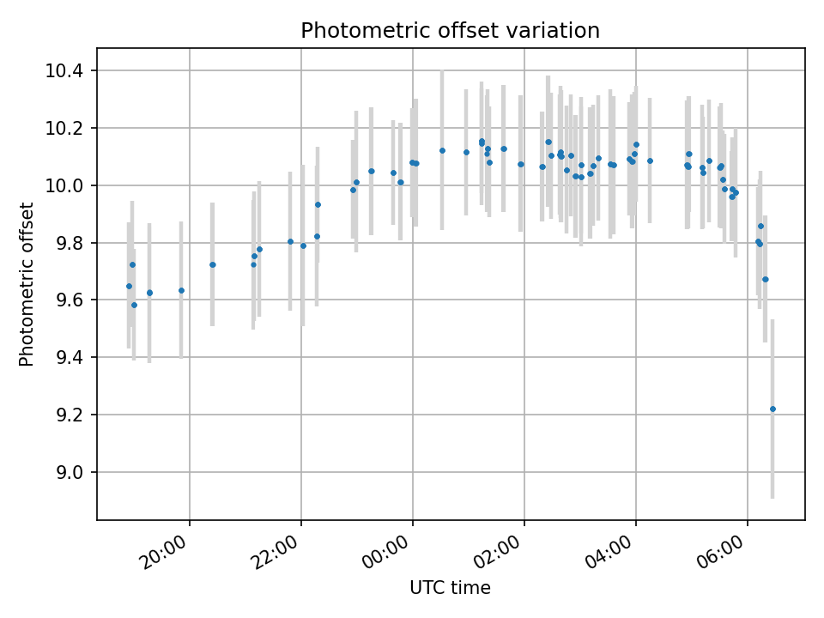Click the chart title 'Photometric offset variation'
[450, 31]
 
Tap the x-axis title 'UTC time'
[450, 588]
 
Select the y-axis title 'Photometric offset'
[27, 284]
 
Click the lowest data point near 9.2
[772, 409]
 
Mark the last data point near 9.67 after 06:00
[766, 279]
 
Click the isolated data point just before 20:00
[181, 290]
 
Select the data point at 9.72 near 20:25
[212, 264]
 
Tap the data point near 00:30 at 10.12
[442, 150]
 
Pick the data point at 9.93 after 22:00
[318, 204]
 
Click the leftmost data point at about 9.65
[129, 286]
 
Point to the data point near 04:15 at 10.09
[650, 161]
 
